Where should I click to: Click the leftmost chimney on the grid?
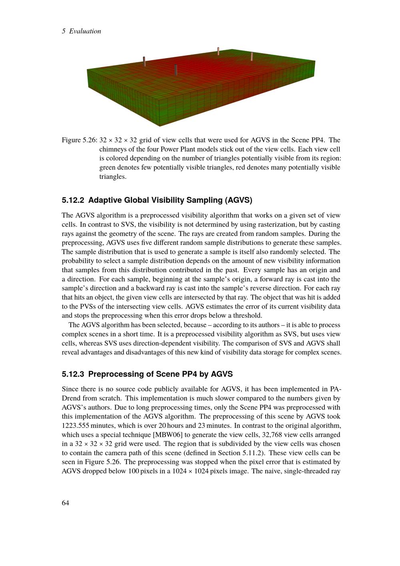[144, 61]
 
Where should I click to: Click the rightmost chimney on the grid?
[252, 56]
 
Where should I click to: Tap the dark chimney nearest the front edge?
[176, 70]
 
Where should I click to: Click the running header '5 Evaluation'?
[82, 31]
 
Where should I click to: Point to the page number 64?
[66, 503]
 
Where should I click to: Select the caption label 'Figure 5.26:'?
[79, 140]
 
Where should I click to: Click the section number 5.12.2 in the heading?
[73, 200]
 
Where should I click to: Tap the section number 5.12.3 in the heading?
[73, 374]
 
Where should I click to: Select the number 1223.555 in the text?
[75, 426]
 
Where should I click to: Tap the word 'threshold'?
[248, 316]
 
